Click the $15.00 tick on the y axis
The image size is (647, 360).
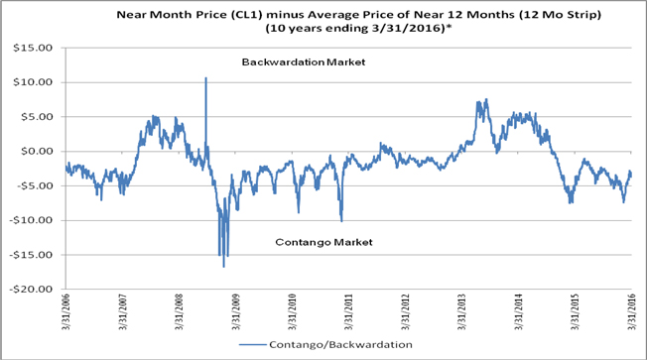tap(33, 48)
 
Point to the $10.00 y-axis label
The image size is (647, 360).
tap(33, 82)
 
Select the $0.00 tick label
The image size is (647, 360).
tap(36, 151)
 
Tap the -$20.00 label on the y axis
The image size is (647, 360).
tap(31, 289)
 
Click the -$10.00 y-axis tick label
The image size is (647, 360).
tap(31, 220)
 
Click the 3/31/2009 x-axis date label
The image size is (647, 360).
tap(235, 311)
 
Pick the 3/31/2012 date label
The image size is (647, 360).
tap(405, 311)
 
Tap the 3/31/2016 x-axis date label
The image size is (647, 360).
tap(631, 311)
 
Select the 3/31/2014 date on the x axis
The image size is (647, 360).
tap(518, 311)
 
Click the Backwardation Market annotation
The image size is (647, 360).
tap(304, 61)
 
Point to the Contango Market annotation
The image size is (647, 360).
tap(323, 242)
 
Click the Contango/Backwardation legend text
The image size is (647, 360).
tap(340, 344)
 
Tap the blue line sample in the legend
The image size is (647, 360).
tap(252, 344)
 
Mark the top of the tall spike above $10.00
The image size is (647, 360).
tap(205, 77)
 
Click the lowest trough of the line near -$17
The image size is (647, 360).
tap(223, 267)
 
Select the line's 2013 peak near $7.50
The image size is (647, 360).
tap(486, 99)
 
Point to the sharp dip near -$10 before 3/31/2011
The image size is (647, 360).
tap(341, 221)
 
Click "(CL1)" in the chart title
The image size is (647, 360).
tap(246, 15)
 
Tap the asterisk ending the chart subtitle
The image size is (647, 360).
tap(449, 28)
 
